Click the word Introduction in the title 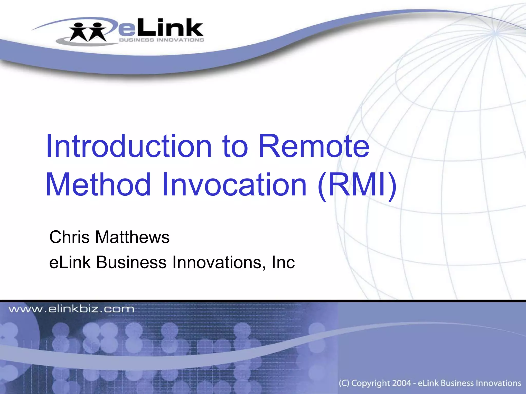point(129,146)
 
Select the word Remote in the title point(314,146)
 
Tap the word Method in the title point(98,184)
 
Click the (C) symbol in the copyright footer point(344,383)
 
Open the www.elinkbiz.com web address point(71,309)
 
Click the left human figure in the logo point(79,32)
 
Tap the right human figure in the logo point(97,32)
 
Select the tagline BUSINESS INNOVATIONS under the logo point(162,40)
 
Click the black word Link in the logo point(170,27)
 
